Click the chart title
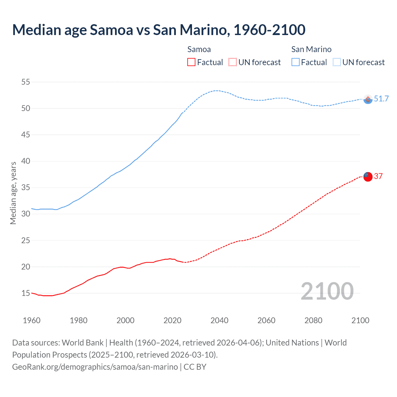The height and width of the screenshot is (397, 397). click(x=159, y=30)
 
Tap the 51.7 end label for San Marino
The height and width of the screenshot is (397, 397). click(x=381, y=99)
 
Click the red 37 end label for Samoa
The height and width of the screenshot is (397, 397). click(x=378, y=176)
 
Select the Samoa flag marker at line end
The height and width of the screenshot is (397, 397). click(x=368, y=176)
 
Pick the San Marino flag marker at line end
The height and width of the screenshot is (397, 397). click(x=368, y=99)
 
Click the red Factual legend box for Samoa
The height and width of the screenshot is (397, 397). click(x=191, y=62)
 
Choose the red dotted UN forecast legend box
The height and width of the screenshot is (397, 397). click(x=233, y=62)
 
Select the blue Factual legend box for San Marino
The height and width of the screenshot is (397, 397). click(x=295, y=62)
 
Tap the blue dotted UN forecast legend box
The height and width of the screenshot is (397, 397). click(x=337, y=62)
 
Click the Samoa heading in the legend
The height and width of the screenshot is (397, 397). click(x=199, y=49)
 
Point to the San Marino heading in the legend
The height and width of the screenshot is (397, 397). click(x=311, y=49)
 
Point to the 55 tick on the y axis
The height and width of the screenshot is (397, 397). click(x=25, y=82)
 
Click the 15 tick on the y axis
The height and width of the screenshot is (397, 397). click(x=25, y=293)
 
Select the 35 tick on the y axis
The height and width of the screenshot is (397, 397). click(x=25, y=188)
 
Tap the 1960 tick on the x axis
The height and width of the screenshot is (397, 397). click(x=32, y=320)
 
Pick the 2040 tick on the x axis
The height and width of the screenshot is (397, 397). click(x=219, y=320)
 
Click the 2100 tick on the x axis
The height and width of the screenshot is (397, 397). click(x=360, y=320)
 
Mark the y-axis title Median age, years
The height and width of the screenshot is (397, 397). click(x=13, y=193)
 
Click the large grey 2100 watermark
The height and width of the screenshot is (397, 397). click(x=327, y=291)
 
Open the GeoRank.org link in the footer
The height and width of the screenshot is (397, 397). click(x=95, y=367)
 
